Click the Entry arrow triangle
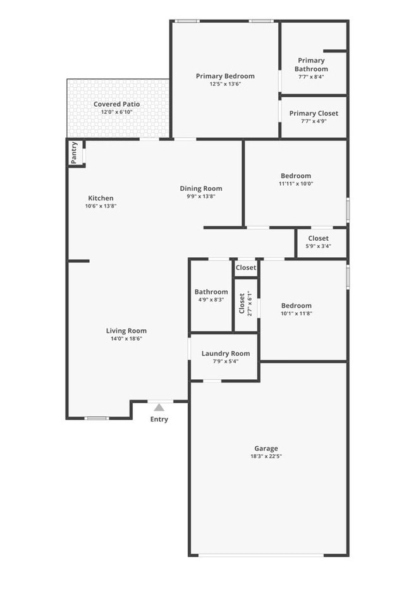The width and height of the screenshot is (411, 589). pos(159,408)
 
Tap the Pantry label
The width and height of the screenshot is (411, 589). pos(75,153)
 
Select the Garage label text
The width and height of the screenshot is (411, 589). pos(266,448)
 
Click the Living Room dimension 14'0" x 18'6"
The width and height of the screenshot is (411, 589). pos(126,339)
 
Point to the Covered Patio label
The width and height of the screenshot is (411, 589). pos(116,104)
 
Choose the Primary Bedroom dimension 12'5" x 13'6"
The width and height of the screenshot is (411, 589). pos(225,84)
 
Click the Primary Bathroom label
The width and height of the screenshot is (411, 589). pos(311,64)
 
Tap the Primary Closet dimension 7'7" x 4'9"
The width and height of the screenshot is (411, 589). pos(314,121)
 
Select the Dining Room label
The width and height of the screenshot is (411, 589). pos(201,188)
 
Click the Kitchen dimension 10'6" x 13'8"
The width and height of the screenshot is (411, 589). pos(101,206)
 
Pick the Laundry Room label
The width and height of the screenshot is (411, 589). pos(226,353)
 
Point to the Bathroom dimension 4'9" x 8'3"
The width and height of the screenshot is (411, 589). pos(211,300)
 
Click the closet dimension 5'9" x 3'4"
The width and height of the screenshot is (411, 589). pos(318,246)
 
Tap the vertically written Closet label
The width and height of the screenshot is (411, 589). pos(242,303)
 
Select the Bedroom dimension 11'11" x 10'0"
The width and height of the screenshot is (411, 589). pos(296,184)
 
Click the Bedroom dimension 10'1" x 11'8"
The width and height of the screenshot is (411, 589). pos(297,313)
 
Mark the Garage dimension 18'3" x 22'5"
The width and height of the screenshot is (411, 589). pos(266,456)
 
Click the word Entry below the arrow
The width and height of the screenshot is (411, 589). pos(159,420)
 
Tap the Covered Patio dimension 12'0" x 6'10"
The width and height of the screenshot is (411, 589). pos(116,112)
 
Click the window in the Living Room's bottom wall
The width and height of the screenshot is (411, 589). pos(97,418)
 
